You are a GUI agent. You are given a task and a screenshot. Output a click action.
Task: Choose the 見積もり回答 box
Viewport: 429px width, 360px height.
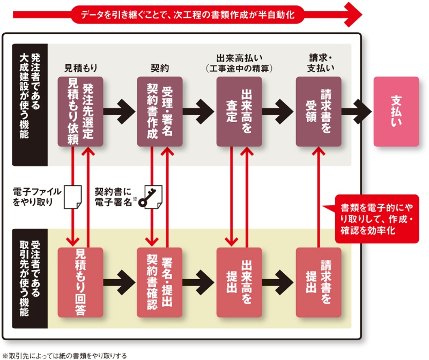(x=80, y=282)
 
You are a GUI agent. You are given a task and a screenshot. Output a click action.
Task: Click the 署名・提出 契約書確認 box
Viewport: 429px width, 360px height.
(x=160, y=282)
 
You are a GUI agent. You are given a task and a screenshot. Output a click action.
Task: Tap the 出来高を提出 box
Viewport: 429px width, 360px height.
(x=239, y=282)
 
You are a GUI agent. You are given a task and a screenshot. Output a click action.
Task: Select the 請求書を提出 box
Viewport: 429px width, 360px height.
(x=319, y=282)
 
